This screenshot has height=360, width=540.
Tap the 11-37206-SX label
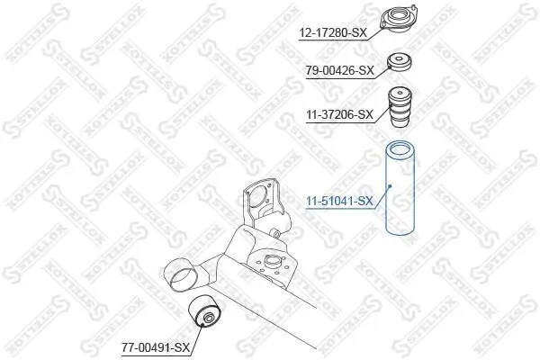pyautogui.click(x=339, y=114)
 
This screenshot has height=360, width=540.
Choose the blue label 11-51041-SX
pyautogui.click(x=338, y=202)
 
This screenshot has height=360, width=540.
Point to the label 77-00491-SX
pyautogui.click(x=155, y=346)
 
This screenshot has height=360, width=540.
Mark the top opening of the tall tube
pyautogui.click(x=398, y=148)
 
